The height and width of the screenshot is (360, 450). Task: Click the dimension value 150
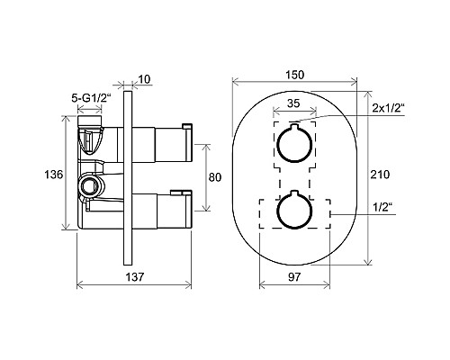pos(295,75)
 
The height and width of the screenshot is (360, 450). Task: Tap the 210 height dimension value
pos(380,174)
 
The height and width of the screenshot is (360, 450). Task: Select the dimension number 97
pos(294,277)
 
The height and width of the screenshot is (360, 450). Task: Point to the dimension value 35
pos(293,103)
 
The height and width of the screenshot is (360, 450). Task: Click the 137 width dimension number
pos(135,276)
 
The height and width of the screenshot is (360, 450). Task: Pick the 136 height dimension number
pos(54,174)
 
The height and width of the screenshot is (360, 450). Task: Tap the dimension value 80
pos(215,177)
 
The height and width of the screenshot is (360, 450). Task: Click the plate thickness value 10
pos(144,79)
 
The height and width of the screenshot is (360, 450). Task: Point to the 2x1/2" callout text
pos(389,107)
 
